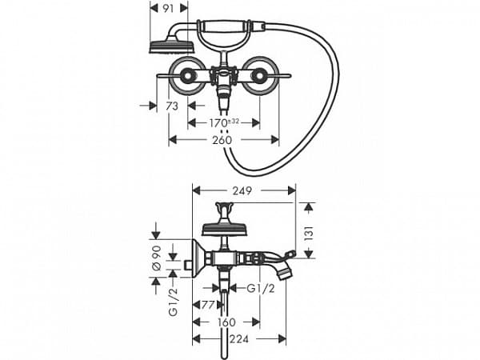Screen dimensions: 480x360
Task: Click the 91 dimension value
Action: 168,9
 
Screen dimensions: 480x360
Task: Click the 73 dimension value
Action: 172,106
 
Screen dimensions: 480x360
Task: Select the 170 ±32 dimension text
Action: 224,122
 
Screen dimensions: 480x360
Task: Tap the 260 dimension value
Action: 222,140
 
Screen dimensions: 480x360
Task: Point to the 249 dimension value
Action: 242,190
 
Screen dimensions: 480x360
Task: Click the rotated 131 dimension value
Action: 309,233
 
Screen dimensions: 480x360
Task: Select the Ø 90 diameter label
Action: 157,258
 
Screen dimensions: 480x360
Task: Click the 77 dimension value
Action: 208,305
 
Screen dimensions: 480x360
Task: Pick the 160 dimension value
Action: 226,322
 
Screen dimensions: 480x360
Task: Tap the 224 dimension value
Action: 239,339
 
